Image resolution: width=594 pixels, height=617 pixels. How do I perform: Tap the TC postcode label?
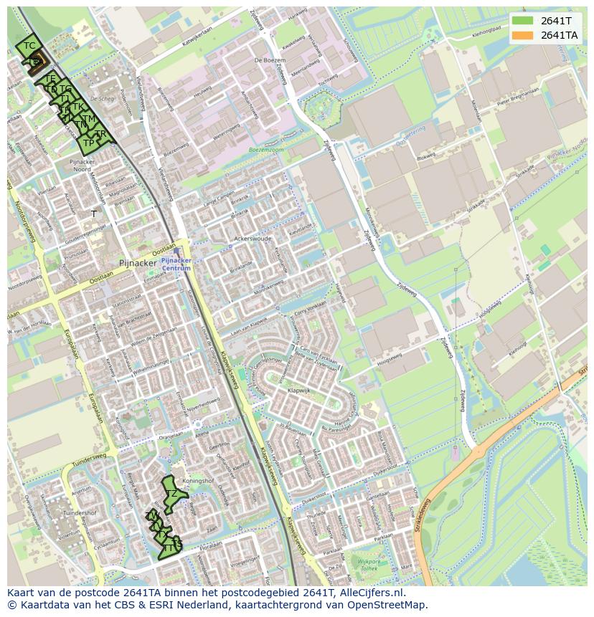pos(29,46)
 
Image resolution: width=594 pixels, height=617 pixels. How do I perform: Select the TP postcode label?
pos(88,143)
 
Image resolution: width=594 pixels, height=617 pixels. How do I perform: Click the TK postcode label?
pos(77,107)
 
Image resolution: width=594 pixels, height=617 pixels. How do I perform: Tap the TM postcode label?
pos(88,119)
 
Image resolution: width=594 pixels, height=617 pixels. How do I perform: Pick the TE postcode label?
pos(49,78)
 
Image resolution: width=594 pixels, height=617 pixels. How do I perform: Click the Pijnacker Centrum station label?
pos(176,264)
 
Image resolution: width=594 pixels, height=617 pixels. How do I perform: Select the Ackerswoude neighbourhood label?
pos(252,239)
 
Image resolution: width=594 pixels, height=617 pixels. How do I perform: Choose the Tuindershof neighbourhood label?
pos(80,513)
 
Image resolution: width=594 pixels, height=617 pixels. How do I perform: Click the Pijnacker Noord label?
pos(81,166)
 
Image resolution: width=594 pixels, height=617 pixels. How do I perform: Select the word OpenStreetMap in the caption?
pos(389,605)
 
